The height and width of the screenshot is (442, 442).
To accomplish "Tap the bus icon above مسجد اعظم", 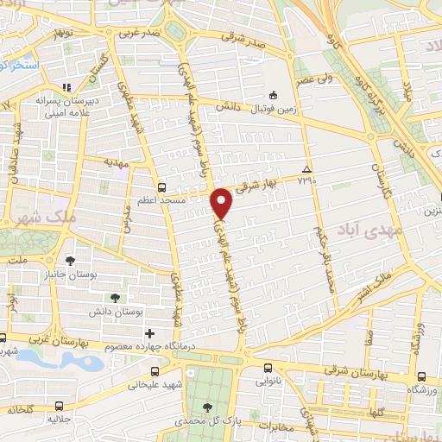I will click(161, 186).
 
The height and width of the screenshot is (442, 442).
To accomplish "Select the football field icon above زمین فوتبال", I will click(273, 95).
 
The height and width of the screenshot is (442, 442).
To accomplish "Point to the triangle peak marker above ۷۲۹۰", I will click(307, 169).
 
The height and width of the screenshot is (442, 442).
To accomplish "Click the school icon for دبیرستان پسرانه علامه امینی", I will click(67, 87).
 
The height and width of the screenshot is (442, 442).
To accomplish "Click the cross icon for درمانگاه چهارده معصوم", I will click(149, 333).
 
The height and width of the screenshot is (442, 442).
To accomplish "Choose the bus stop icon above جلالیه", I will click(59, 406).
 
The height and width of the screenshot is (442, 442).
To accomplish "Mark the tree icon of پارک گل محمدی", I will click(206, 407).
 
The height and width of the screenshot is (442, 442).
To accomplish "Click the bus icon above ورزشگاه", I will click(420, 376).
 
